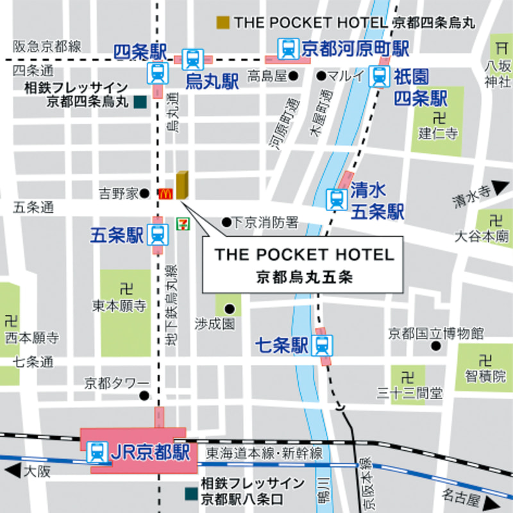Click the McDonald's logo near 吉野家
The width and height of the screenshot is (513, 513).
pyautogui.click(x=165, y=192)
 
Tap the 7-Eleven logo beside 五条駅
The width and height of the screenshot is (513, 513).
pyautogui.click(x=182, y=224)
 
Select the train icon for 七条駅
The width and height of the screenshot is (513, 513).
pyautogui.click(x=322, y=346)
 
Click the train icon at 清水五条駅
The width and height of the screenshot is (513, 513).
pyautogui.click(x=336, y=199)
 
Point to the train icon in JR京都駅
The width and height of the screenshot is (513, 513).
pyautogui.click(x=97, y=452)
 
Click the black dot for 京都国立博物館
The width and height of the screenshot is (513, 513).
pyautogui.click(x=436, y=346)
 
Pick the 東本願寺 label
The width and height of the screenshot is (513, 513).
pyautogui.click(x=120, y=307)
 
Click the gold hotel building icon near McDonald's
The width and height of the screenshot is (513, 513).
pyautogui.click(x=182, y=185)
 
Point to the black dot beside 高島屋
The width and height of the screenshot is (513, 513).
pyautogui.click(x=293, y=76)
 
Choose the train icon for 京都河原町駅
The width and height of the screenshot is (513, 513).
pyautogui.click(x=288, y=47)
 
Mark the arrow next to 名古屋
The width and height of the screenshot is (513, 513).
pyautogui.click(x=491, y=501)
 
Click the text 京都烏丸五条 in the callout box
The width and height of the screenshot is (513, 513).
pyautogui.click(x=305, y=278)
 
